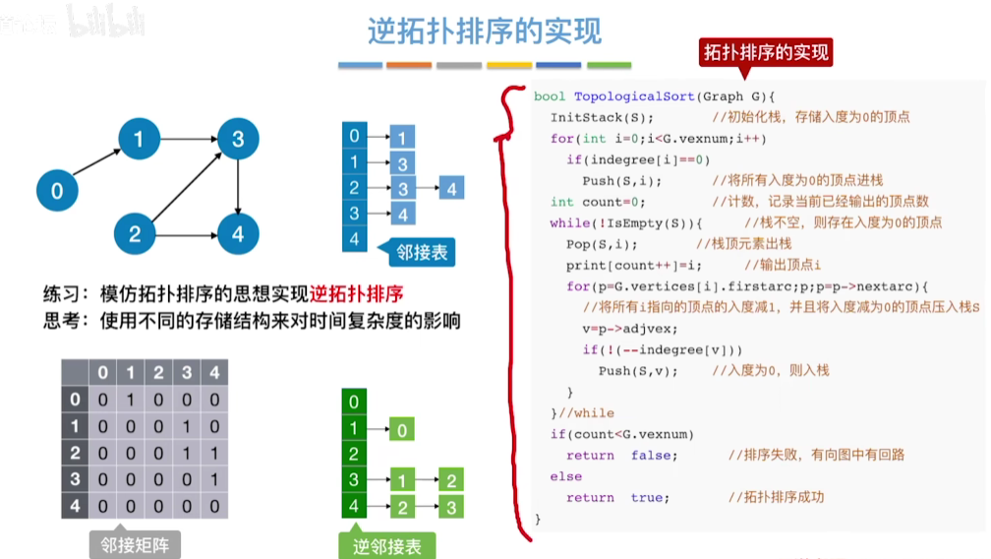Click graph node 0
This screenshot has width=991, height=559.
[56, 190]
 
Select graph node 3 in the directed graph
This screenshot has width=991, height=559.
[238, 140]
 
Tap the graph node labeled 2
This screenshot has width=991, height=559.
[136, 233]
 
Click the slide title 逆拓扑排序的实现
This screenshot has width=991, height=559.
[485, 31]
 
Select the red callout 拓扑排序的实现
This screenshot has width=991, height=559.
[766, 52]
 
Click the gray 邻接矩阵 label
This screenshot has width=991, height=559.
[135, 544]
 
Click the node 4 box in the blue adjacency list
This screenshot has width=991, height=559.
[451, 187]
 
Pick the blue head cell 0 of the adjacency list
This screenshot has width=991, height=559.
[354, 136]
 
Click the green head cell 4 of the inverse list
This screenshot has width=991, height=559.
[353, 507]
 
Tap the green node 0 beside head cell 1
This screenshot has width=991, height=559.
[402, 429]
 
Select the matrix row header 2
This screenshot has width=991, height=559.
[75, 455]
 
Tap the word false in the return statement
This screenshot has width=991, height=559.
[652, 455]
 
